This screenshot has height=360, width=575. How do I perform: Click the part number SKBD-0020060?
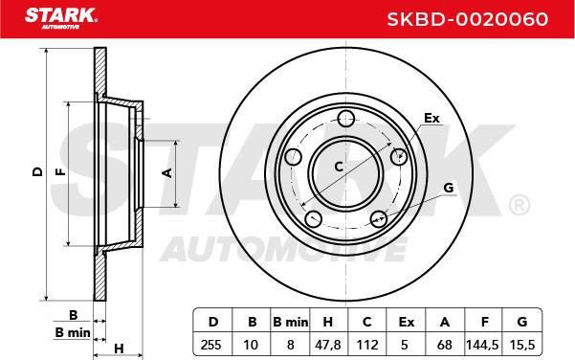[x=468, y=19]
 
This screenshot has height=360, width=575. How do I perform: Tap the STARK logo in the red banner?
[x=61, y=18]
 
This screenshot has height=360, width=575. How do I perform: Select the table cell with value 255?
[x=211, y=345]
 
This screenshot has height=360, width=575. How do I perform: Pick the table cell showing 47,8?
[x=328, y=345]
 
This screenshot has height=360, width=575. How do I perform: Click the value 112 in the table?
[x=367, y=345]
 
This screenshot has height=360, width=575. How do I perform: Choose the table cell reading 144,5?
[x=482, y=345]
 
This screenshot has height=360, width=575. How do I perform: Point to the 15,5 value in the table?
[x=522, y=345]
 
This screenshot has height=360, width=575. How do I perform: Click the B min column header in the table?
[x=291, y=323]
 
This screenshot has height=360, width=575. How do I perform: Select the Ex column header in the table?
[x=407, y=323]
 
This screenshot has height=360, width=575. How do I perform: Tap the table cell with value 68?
[x=445, y=345]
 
